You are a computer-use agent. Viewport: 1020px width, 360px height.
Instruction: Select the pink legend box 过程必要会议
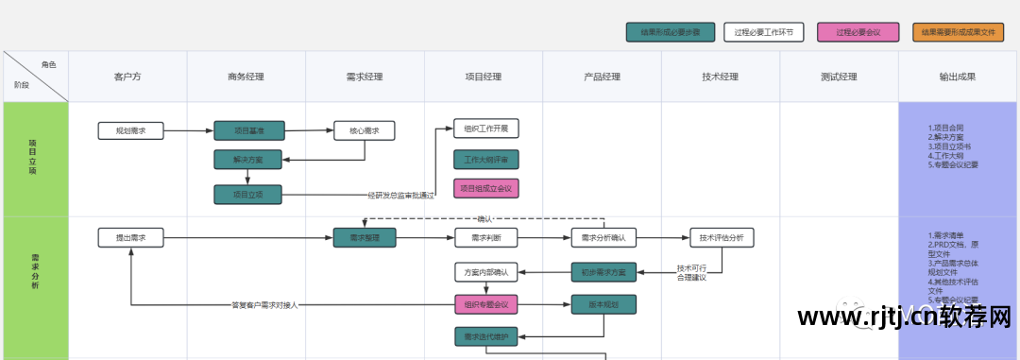[x=858, y=32]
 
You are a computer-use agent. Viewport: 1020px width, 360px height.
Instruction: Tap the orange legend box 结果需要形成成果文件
[x=959, y=32]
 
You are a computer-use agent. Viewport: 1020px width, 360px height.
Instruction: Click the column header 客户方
[x=127, y=77]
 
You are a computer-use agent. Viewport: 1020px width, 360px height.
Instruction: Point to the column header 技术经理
[x=720, y=77]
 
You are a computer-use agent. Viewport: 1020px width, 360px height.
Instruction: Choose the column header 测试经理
[x=839, y=77]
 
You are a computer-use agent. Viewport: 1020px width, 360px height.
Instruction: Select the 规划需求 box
[x=130, y=130]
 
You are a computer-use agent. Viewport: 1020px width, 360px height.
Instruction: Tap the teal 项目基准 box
[x=248, y=130]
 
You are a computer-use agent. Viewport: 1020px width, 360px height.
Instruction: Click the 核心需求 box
[x=364, y=130]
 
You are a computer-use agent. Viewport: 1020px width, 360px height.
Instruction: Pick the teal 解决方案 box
[x=248, y=159]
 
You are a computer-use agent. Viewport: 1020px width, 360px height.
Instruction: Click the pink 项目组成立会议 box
[x=485, y=188]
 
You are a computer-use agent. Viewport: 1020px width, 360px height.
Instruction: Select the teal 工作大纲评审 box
[x=485, y=159]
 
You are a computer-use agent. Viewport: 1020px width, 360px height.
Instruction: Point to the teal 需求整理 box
[x=364, y=238]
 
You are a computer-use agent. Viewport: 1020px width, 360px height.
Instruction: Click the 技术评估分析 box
[x=722, y=238]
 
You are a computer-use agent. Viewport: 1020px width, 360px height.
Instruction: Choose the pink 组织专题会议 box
[x=485, y=304]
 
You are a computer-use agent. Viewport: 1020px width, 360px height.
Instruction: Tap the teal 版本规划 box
[x=603, y=304]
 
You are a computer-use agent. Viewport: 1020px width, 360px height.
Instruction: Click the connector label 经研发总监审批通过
[x=401, y=196]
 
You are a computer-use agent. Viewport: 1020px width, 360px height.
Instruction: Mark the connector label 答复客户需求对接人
[x=264, y=305]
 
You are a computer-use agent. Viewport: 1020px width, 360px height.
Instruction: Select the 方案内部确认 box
[x=485, y=273]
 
